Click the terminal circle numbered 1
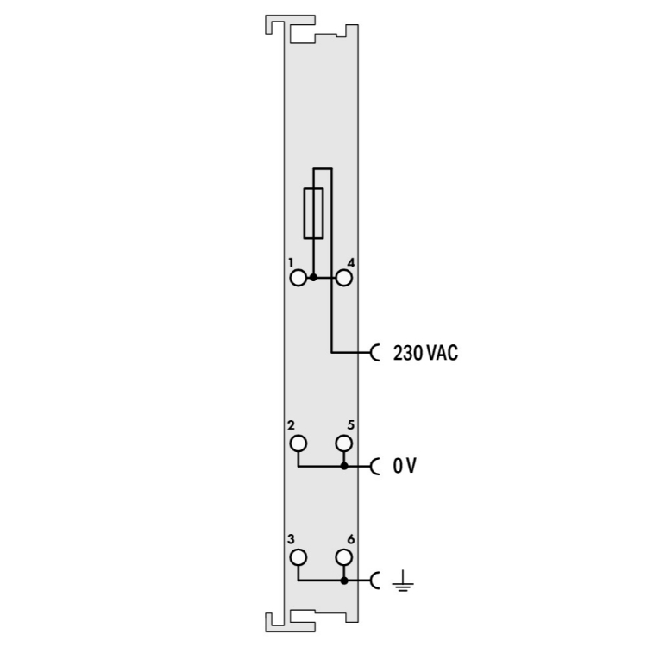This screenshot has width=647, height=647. pyautogui.click(x=298, y=278)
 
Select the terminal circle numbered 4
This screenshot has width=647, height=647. pyautogui.click(x=343, y=278)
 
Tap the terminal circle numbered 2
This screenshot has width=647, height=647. pyautogui.click(x=298, y=443)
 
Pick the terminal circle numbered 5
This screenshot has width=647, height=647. pyautogui.click(x=343, y=443)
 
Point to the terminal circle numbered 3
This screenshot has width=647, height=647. pyautogui.click(x=298, y=557)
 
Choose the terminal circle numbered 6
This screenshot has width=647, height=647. pyautogui.click(x=343, y=557)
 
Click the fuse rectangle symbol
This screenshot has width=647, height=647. pyautogui.click(x=305, y=213)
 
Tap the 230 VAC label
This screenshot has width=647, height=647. pyautogui.click(x=425, y=353)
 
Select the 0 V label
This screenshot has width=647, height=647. pyautogui.click(x=405, y=466)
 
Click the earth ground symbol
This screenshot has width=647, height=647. pyautogui.click(x=403, y=581)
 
